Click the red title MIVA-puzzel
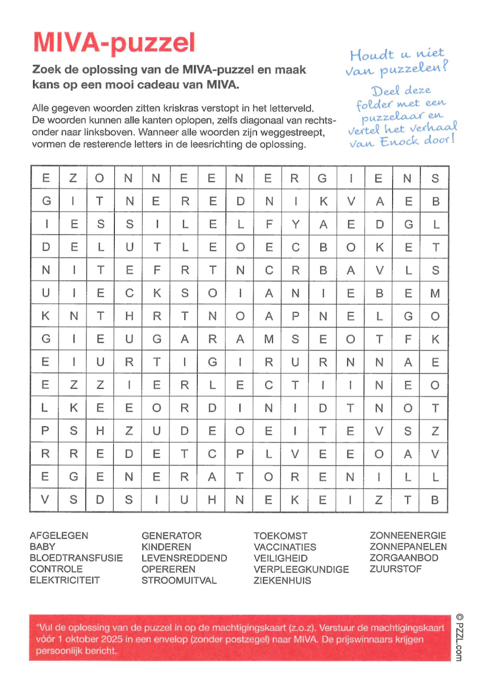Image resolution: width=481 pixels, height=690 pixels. tap(114, 43)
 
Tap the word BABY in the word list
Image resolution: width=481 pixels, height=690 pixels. tap(42, 547)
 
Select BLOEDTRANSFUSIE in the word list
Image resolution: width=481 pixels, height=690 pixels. tap(76, 558)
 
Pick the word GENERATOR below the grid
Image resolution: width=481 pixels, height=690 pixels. tap(171, 536)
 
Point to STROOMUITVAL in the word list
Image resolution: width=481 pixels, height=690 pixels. tap(179, 580)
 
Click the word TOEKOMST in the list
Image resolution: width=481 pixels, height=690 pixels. tap(280, 536)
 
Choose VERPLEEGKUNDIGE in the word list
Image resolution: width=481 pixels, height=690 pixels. tap(301, 569)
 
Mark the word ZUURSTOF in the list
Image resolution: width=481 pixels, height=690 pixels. tap(395, 569)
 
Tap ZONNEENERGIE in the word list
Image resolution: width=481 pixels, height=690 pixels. tap(408, 535)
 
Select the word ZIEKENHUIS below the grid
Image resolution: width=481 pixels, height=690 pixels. tap(282, 580)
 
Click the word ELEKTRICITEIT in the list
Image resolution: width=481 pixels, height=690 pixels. tap(65, 580)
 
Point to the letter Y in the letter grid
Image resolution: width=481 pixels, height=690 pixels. tap(295, 224)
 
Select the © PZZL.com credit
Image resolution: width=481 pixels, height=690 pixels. tap(459, 637)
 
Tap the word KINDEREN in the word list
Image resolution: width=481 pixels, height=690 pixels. tap(166, 547)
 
